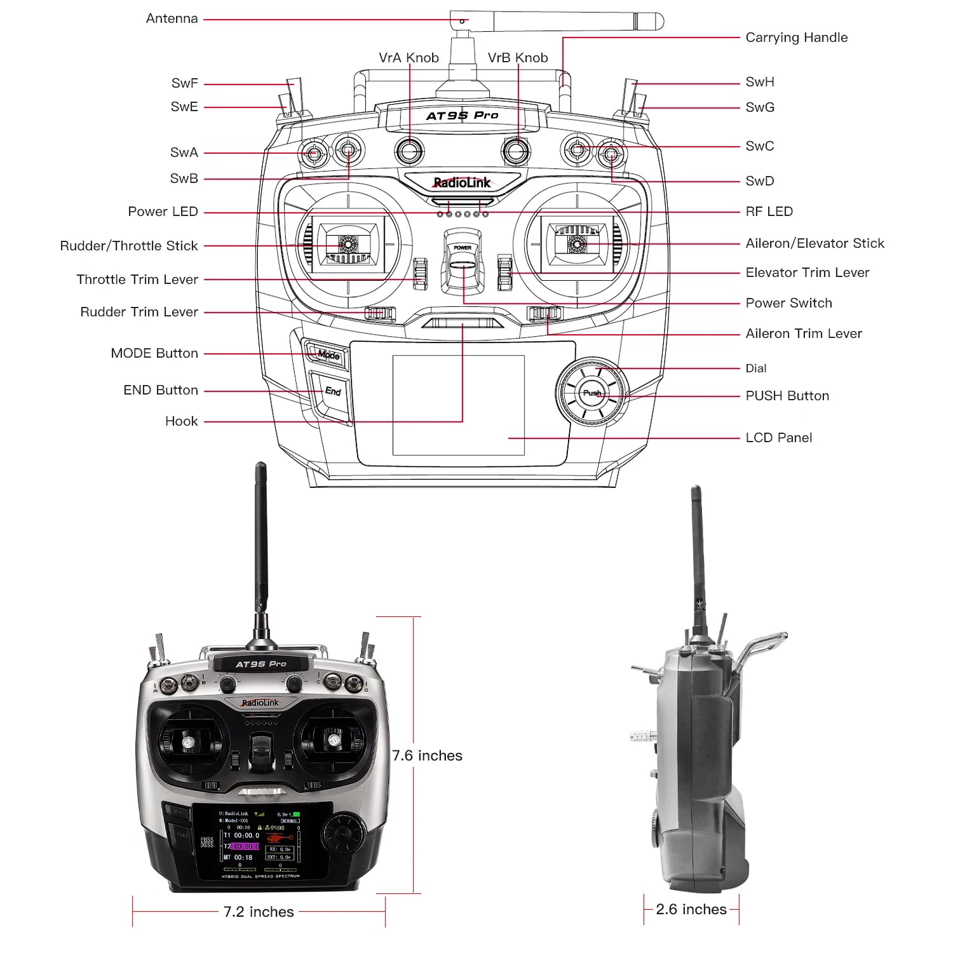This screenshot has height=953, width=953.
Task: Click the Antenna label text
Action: point(172,19)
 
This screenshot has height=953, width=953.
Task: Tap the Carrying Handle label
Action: point(796,37)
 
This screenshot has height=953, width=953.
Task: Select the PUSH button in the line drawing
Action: point(591,393)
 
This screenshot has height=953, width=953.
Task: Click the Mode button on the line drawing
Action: point(328,355)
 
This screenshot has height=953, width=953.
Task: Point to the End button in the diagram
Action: point(332,391)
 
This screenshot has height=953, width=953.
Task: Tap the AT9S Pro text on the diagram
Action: point(462,116)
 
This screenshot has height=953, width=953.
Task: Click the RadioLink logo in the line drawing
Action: point(462,183)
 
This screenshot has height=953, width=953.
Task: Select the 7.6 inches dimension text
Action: point(427,755)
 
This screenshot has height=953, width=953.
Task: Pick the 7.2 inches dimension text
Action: point(259,912)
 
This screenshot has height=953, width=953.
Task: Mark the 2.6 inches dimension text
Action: point(691,909)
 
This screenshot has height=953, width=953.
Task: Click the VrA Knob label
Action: point(409,58)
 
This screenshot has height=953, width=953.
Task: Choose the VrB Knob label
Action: point(517,58)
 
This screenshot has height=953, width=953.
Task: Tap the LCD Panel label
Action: point(778,438)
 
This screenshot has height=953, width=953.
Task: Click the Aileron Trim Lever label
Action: point(804,334)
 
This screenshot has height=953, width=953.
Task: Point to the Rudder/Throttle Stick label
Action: point(129,246)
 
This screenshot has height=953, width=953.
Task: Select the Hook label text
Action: point(181,421)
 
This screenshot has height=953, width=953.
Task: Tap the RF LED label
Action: point(769,212)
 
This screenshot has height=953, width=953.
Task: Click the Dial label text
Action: point(755,368)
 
